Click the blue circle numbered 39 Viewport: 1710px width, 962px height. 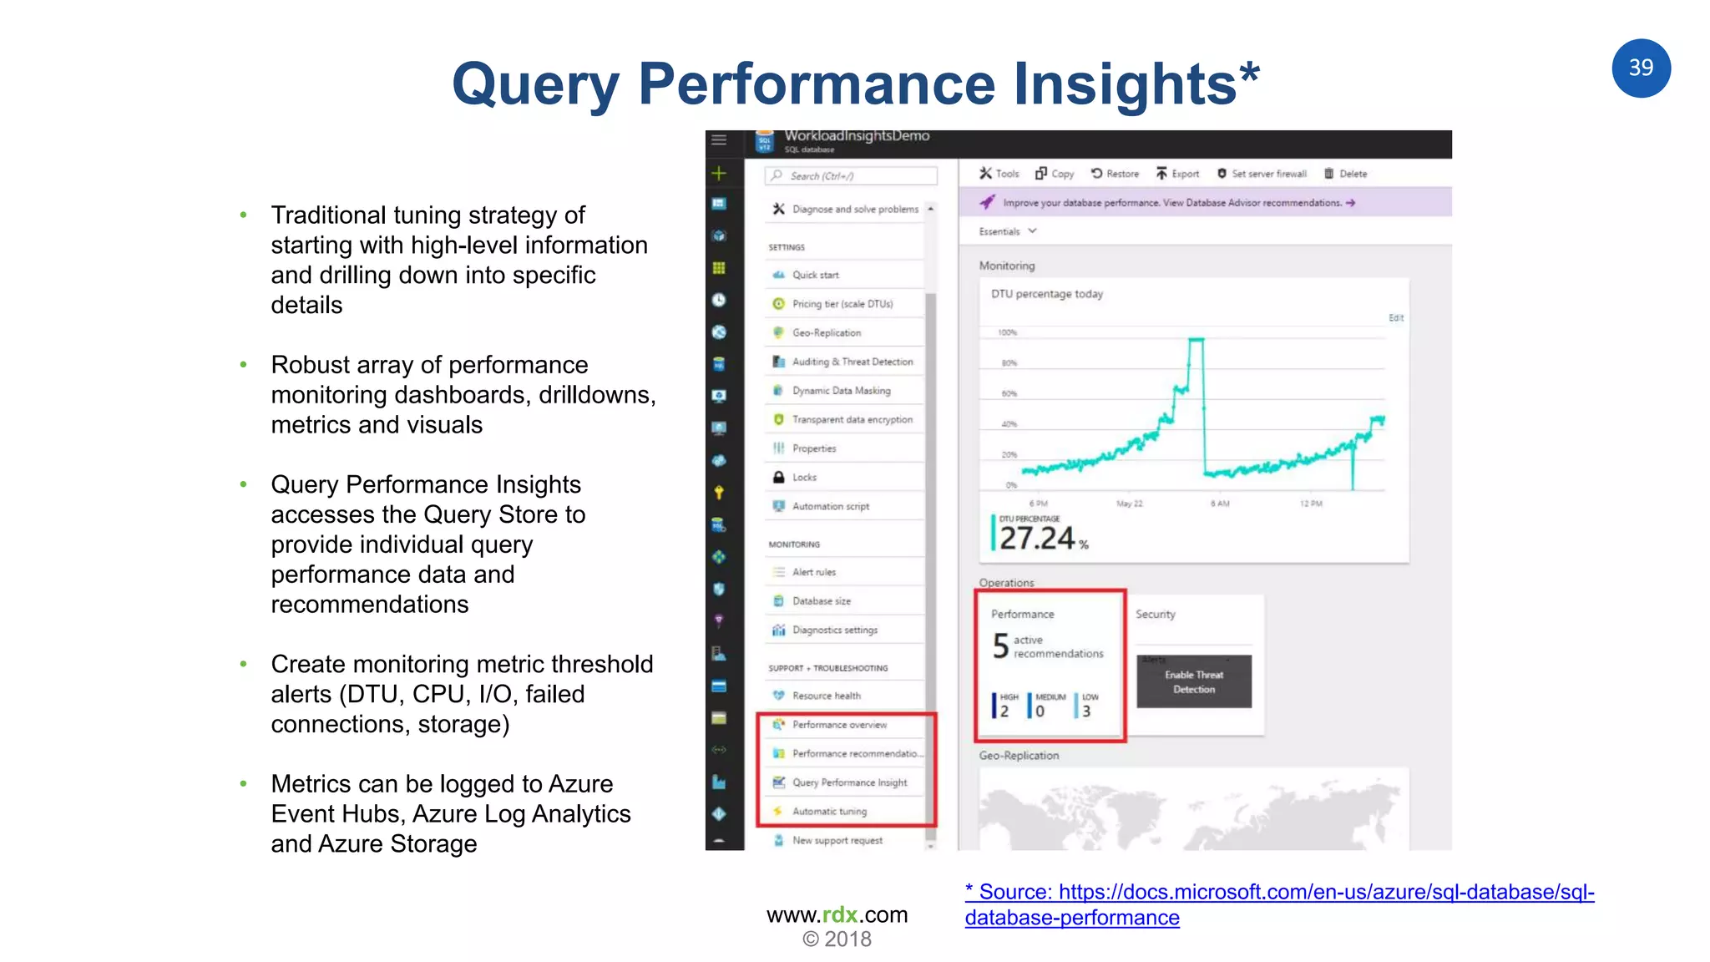[1640, 68]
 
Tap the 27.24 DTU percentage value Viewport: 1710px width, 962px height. [1036, 539]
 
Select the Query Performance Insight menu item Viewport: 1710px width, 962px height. [848, 782]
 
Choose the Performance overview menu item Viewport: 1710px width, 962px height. [838, 725]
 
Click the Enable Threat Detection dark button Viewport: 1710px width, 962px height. [1194, 682]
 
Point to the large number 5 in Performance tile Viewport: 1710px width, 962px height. [1000, 646]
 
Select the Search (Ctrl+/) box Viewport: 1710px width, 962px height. [851, 176]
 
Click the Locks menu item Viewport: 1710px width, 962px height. [804, 478]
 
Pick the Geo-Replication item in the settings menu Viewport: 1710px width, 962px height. [826, 332]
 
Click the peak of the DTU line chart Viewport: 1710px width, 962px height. [1196, 339]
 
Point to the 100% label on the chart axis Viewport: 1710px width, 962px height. [1007, 332]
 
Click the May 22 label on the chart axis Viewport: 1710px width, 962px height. [1129, 504]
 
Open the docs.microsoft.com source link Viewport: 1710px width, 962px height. [1279, 893]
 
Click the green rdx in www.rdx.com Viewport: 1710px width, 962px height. [840, 914]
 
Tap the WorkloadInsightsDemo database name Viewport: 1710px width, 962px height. [856, 136]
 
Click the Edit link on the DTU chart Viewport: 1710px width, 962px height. [1395, 318]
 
